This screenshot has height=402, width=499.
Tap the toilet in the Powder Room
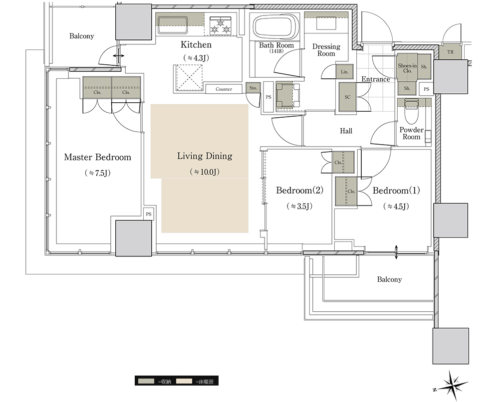pos(411,112)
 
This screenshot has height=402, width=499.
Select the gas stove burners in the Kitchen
pos(220,25)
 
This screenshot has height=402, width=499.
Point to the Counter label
pos(224,89)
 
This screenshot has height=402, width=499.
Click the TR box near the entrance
pos(450,52)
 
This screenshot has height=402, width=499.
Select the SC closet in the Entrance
pos(347,97)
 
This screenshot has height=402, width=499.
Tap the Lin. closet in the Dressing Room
pos(345,71)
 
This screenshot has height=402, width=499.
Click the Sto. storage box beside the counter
pos(253,88)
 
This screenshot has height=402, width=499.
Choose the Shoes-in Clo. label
pos(407,68)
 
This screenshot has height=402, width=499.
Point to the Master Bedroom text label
pos(98,157)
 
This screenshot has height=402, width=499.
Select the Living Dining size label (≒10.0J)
pos(205,172)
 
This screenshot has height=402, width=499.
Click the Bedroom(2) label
pos(300,191)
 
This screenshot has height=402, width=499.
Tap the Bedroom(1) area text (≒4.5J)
pos(396,206)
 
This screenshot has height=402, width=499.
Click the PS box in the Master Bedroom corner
pos(149,214)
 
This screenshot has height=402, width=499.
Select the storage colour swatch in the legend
pos(146,381)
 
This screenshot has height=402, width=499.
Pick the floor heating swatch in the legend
pos(184,381)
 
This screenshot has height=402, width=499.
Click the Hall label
pos(346,131)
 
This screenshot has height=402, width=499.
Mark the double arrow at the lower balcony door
pos(396,252)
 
